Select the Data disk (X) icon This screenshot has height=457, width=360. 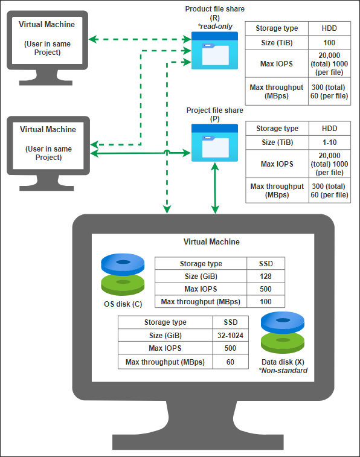(x=281, y=334)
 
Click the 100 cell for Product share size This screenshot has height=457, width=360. (x=329, y=43)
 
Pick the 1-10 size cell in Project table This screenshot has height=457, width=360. (x=329, y=142)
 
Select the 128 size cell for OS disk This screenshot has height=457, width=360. (x=265, y=276)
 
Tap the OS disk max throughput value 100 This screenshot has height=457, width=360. (x=265, y=301)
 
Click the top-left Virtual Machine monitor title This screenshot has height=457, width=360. (x=47, y=25)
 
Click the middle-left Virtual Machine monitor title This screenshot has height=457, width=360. (x=48, y=130)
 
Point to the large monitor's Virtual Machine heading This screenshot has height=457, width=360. (x=211, y=242)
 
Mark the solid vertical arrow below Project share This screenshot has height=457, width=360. (x=215, y=187)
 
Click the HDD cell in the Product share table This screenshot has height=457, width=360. (x=329, y=28)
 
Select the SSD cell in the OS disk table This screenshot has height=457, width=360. (x=265, y=263)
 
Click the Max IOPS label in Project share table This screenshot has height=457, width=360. (x=277, y=164)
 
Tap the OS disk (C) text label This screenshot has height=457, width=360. (x=123, y=304)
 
